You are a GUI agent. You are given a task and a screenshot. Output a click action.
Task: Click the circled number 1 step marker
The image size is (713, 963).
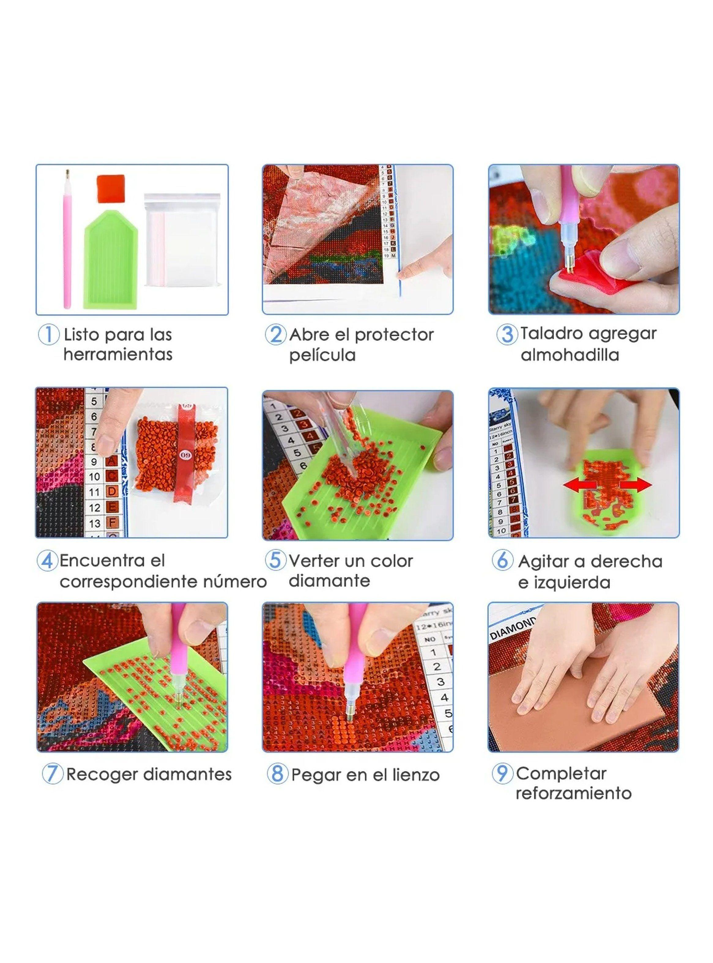click(48, 335)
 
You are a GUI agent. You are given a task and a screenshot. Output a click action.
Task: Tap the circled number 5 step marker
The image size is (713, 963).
click(275, 561)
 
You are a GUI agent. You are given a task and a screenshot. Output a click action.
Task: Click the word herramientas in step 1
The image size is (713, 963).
click(118, 355)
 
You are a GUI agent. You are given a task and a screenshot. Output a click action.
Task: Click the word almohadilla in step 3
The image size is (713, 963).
click(570, 355)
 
